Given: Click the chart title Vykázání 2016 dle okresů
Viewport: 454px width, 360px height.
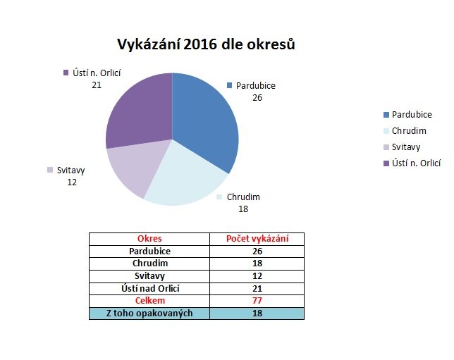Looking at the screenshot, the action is [x=206, y=44].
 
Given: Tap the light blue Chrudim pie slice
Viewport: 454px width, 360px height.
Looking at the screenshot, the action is [x=185, y=177].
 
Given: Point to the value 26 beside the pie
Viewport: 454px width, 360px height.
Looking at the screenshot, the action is [x=257, y=98].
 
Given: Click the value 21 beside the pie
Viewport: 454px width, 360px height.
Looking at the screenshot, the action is [x=97, y=85].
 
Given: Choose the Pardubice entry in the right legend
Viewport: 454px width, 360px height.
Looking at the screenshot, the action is [x=407, y=115].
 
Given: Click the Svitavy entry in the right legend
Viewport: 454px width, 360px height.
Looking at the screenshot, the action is [x=402, y=147].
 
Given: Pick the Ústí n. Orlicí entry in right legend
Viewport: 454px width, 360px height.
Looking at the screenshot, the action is [x=412, y=163].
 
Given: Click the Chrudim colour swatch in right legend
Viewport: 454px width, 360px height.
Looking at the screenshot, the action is [x=386, y=131].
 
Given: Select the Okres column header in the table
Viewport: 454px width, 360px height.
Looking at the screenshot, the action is [x=149, y=239].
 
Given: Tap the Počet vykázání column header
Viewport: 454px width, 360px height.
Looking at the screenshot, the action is [x=257, y=239].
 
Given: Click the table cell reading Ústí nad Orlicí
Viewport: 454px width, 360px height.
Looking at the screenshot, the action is [x=150, y=289].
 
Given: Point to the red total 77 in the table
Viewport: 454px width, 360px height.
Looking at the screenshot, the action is [x=257, y=301].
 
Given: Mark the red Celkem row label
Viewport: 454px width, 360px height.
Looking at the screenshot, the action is [x=150, y=301].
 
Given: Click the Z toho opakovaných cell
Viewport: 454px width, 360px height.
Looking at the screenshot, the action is [x=149, y=314].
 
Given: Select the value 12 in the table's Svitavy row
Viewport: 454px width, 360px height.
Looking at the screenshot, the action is [x=257, y=275].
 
